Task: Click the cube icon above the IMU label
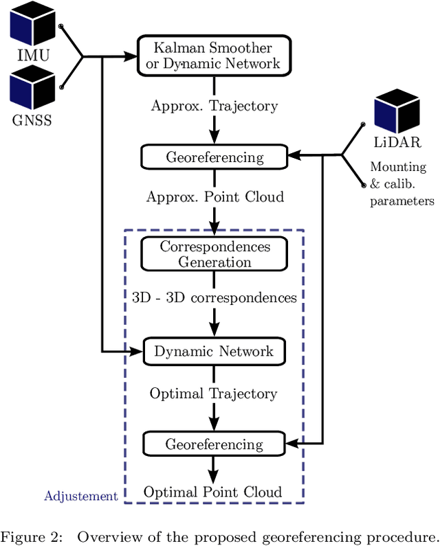click(x=32, y=23)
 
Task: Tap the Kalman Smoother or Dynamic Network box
click(x=214, y=56)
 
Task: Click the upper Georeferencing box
click(x=214, y=157)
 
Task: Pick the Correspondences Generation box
click(x=214, y=254)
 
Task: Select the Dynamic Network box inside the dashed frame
click(x=214, y=351)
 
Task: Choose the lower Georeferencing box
click(x=214, y=444)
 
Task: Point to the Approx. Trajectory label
click(x=214, y=106)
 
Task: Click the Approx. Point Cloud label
click(x=214, y=196)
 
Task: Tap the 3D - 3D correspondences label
click(x=214, y=297)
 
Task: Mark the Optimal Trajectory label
click(x=214, y=394)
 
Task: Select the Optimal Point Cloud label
click(x=212, y=492)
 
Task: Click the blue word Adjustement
click(x=81, y=496)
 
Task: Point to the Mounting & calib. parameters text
click(x=401, y=184)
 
